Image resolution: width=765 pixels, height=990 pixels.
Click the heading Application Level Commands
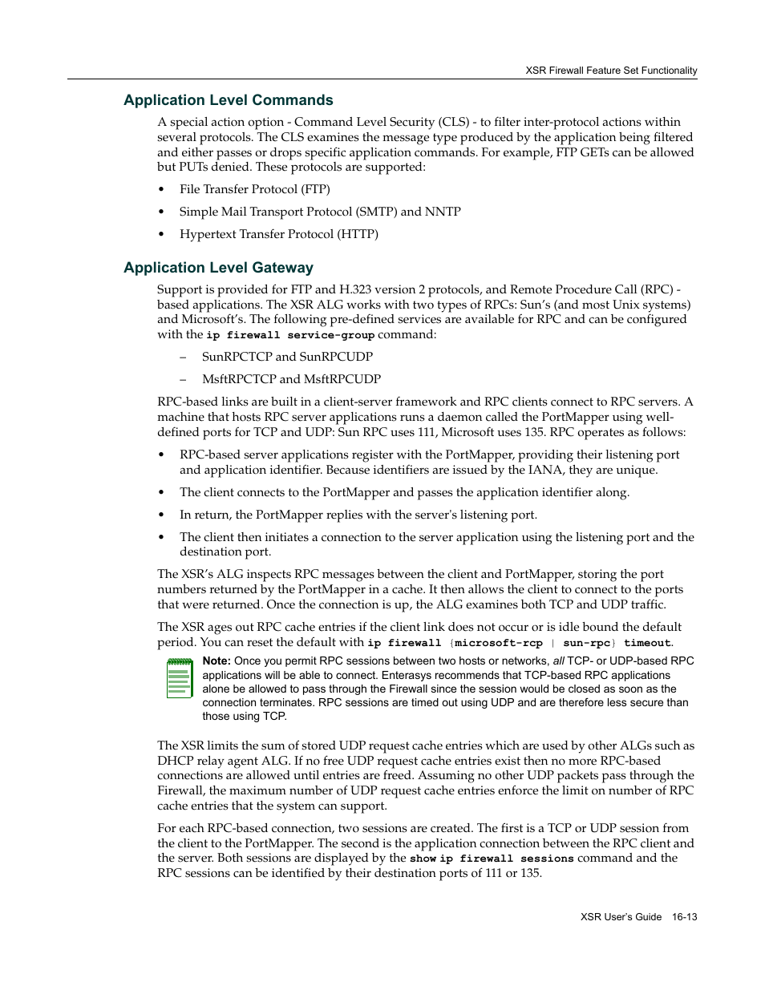[228, 100]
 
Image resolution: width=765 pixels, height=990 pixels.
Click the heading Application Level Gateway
[218, 268]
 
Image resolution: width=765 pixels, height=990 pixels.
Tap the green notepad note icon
[180, 678]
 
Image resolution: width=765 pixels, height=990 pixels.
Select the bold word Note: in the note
[217, 661]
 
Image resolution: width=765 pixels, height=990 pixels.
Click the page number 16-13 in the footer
[684, 917]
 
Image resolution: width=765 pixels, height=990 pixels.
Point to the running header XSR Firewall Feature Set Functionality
[611, 71]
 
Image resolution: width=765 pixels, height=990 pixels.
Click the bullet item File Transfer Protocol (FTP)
[254, 189]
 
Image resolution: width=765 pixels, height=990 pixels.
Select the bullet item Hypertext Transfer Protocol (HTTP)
[278, 234]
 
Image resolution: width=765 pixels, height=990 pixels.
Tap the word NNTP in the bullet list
[443, 212]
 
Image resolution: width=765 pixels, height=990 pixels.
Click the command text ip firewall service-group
[290, 335]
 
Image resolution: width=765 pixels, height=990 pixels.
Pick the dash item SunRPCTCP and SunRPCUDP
[287, 357]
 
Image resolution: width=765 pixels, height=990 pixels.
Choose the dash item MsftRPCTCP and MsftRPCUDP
[291, 379]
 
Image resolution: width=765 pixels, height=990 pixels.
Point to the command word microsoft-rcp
[498, 643]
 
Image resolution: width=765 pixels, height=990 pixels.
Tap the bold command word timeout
[646, 643]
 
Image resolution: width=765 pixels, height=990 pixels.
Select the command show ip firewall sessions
[492, 859]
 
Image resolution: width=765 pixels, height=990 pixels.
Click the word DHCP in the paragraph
[173, 761]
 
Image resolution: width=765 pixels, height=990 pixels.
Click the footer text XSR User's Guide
[621, 917]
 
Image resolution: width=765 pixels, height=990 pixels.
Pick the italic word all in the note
[558, 661]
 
